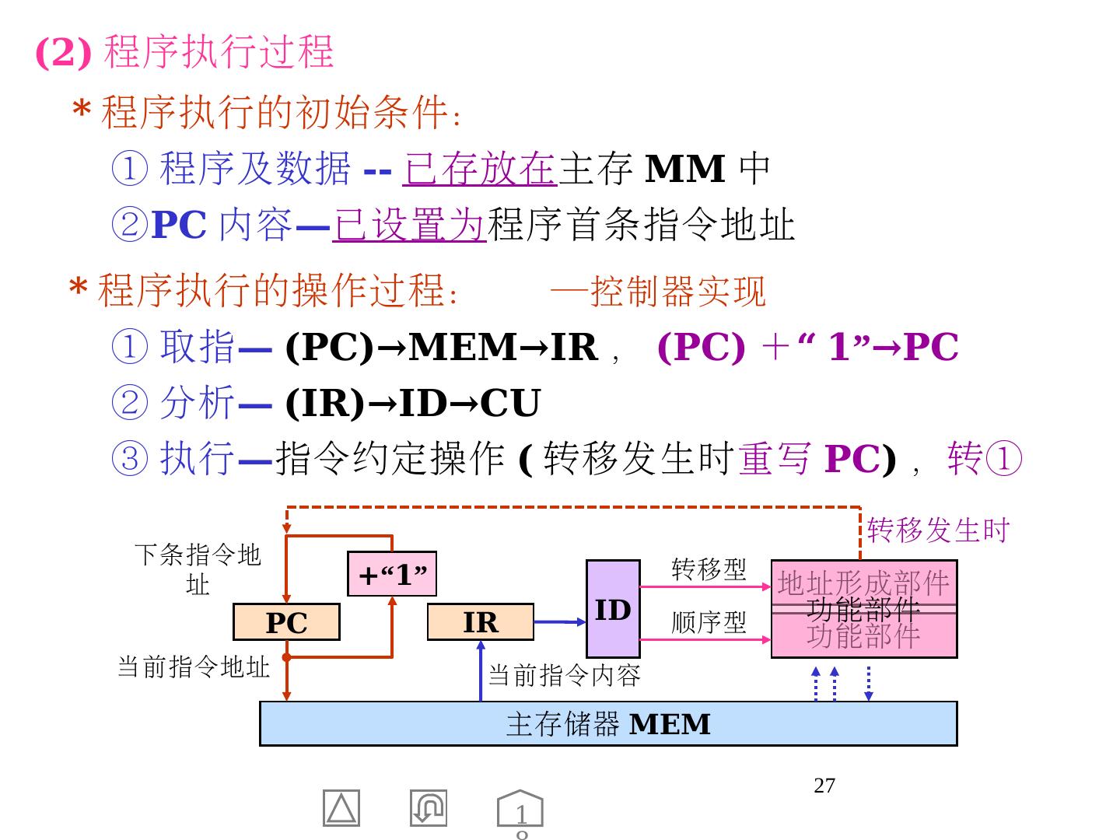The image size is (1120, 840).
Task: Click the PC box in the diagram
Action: pos(286,622)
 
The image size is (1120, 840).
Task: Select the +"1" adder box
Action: pos(392,574)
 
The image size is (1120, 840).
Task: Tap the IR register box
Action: pos(481,622)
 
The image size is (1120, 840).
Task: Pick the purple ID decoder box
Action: pos(613,609)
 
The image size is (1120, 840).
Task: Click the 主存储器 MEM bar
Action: pos(608,724)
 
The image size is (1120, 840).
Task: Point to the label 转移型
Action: pos(709,569)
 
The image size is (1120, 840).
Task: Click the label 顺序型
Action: pos(709,622)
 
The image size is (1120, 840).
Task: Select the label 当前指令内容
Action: pos(564,675)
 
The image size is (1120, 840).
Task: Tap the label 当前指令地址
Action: pos(193,667)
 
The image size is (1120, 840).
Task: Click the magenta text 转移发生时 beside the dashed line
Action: pos(938,530)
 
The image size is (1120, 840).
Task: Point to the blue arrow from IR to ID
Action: pos(560,621)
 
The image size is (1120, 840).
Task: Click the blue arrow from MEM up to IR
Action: pos(481,671)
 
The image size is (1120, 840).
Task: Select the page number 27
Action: pos(824,786)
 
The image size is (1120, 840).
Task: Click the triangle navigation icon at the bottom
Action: pos(341,809)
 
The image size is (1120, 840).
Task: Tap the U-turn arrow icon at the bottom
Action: pos(429,808)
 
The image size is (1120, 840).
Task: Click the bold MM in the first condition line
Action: pos(685,169)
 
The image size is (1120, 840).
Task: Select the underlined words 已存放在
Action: pos(480,169)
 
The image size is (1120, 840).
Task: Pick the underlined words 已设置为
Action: pos(409,226)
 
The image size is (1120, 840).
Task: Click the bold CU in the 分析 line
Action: pos(509,403)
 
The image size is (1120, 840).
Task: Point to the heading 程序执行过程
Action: pos(219,52)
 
